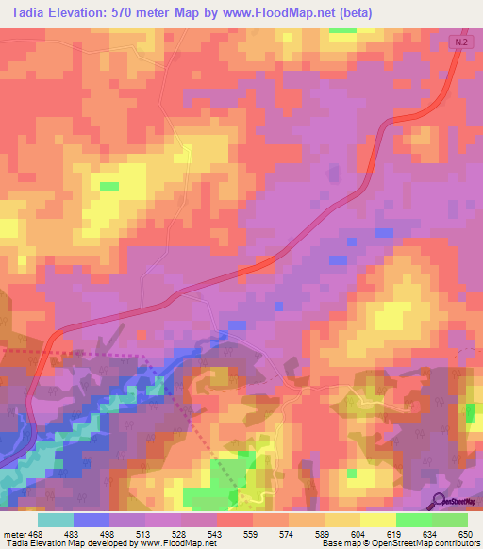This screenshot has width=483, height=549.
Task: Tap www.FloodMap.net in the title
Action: tap(280, 13)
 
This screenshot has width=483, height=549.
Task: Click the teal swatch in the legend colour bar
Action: tap(56, 520)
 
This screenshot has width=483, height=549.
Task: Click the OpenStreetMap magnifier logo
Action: tap(441, 501)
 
